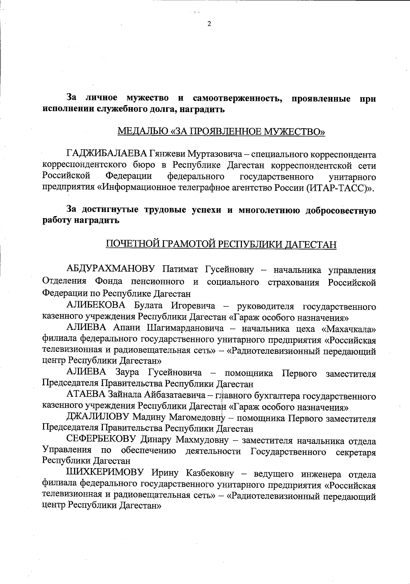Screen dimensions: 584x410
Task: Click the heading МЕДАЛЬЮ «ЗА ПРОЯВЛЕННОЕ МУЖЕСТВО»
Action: pos(221,131)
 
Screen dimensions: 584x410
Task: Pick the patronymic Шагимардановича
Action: pos(185,329)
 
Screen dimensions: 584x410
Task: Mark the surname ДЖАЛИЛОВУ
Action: pos(97,417)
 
